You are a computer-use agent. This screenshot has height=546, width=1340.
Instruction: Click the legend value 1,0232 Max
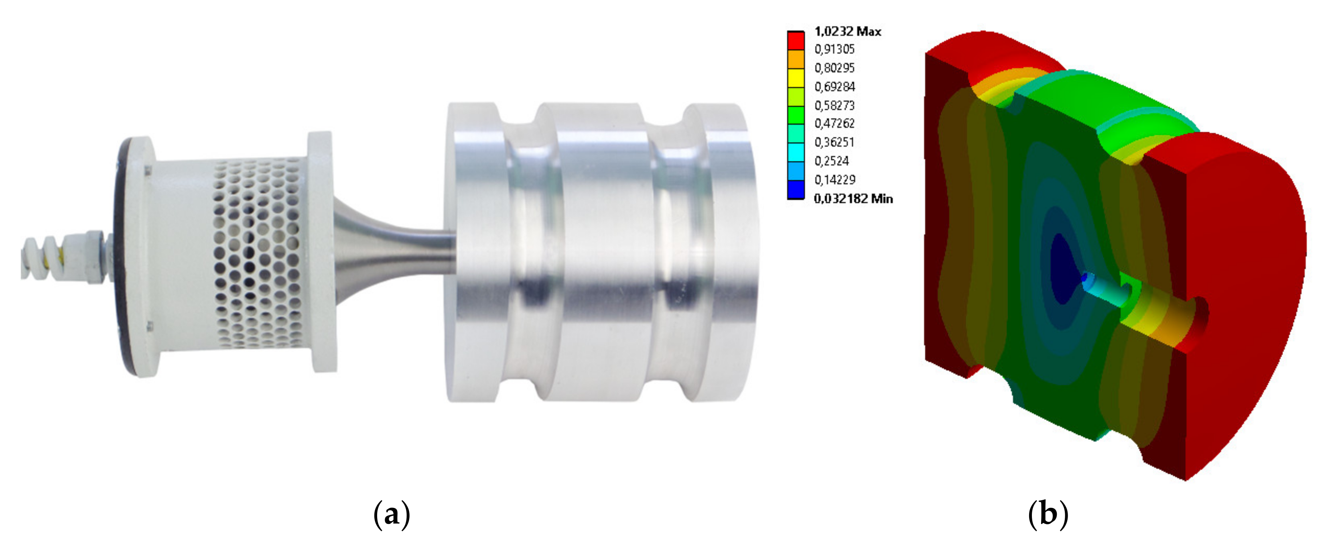847,32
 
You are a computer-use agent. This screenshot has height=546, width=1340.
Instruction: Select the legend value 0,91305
834,49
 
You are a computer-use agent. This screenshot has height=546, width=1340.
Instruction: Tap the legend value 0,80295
834,68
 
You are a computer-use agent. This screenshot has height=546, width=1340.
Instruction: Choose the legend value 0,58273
834,106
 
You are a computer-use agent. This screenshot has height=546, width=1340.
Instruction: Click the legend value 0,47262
834,123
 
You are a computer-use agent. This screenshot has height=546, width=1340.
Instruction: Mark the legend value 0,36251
834,142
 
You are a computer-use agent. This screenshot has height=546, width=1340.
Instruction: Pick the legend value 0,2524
831,161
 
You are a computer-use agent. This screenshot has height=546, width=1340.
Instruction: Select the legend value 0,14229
834,179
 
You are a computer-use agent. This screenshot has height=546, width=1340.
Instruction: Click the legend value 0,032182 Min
853,198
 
